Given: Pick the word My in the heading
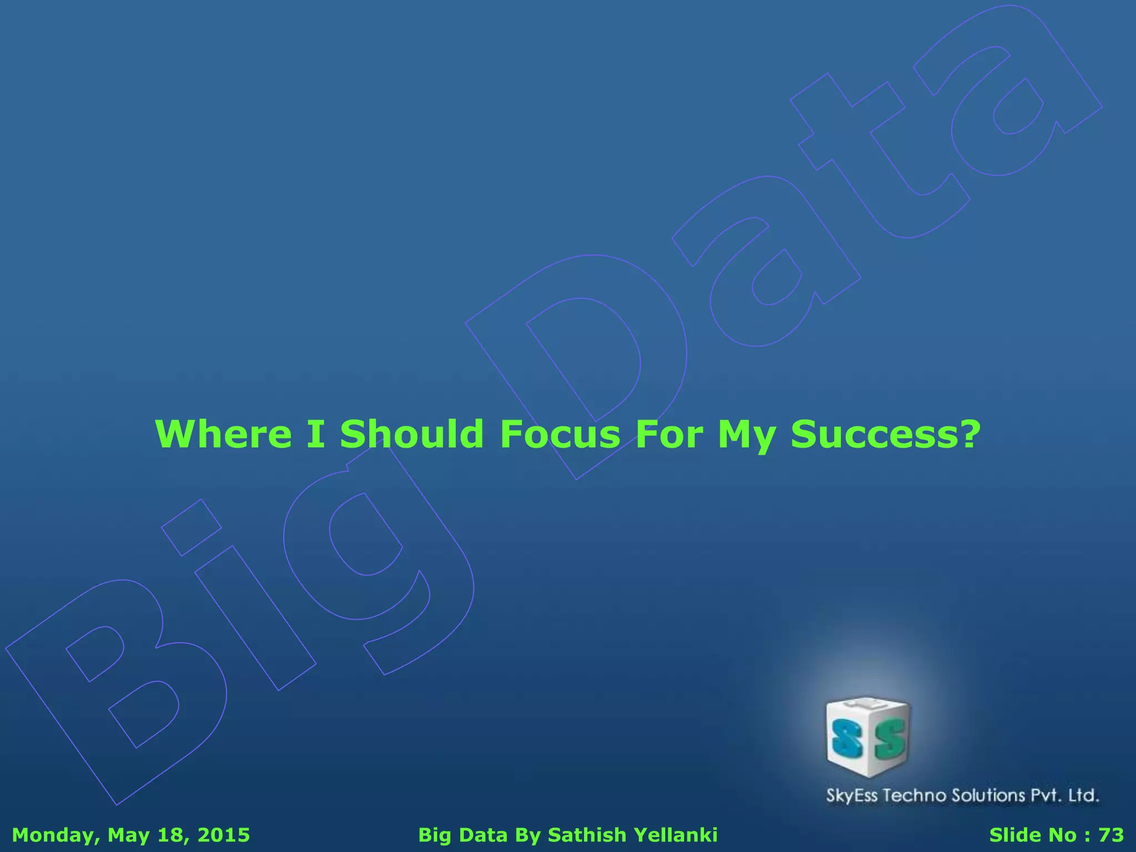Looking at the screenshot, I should coord(747,435).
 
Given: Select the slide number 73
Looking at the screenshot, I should coord(1111,835).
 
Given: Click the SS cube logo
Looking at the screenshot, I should coord(868,737).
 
